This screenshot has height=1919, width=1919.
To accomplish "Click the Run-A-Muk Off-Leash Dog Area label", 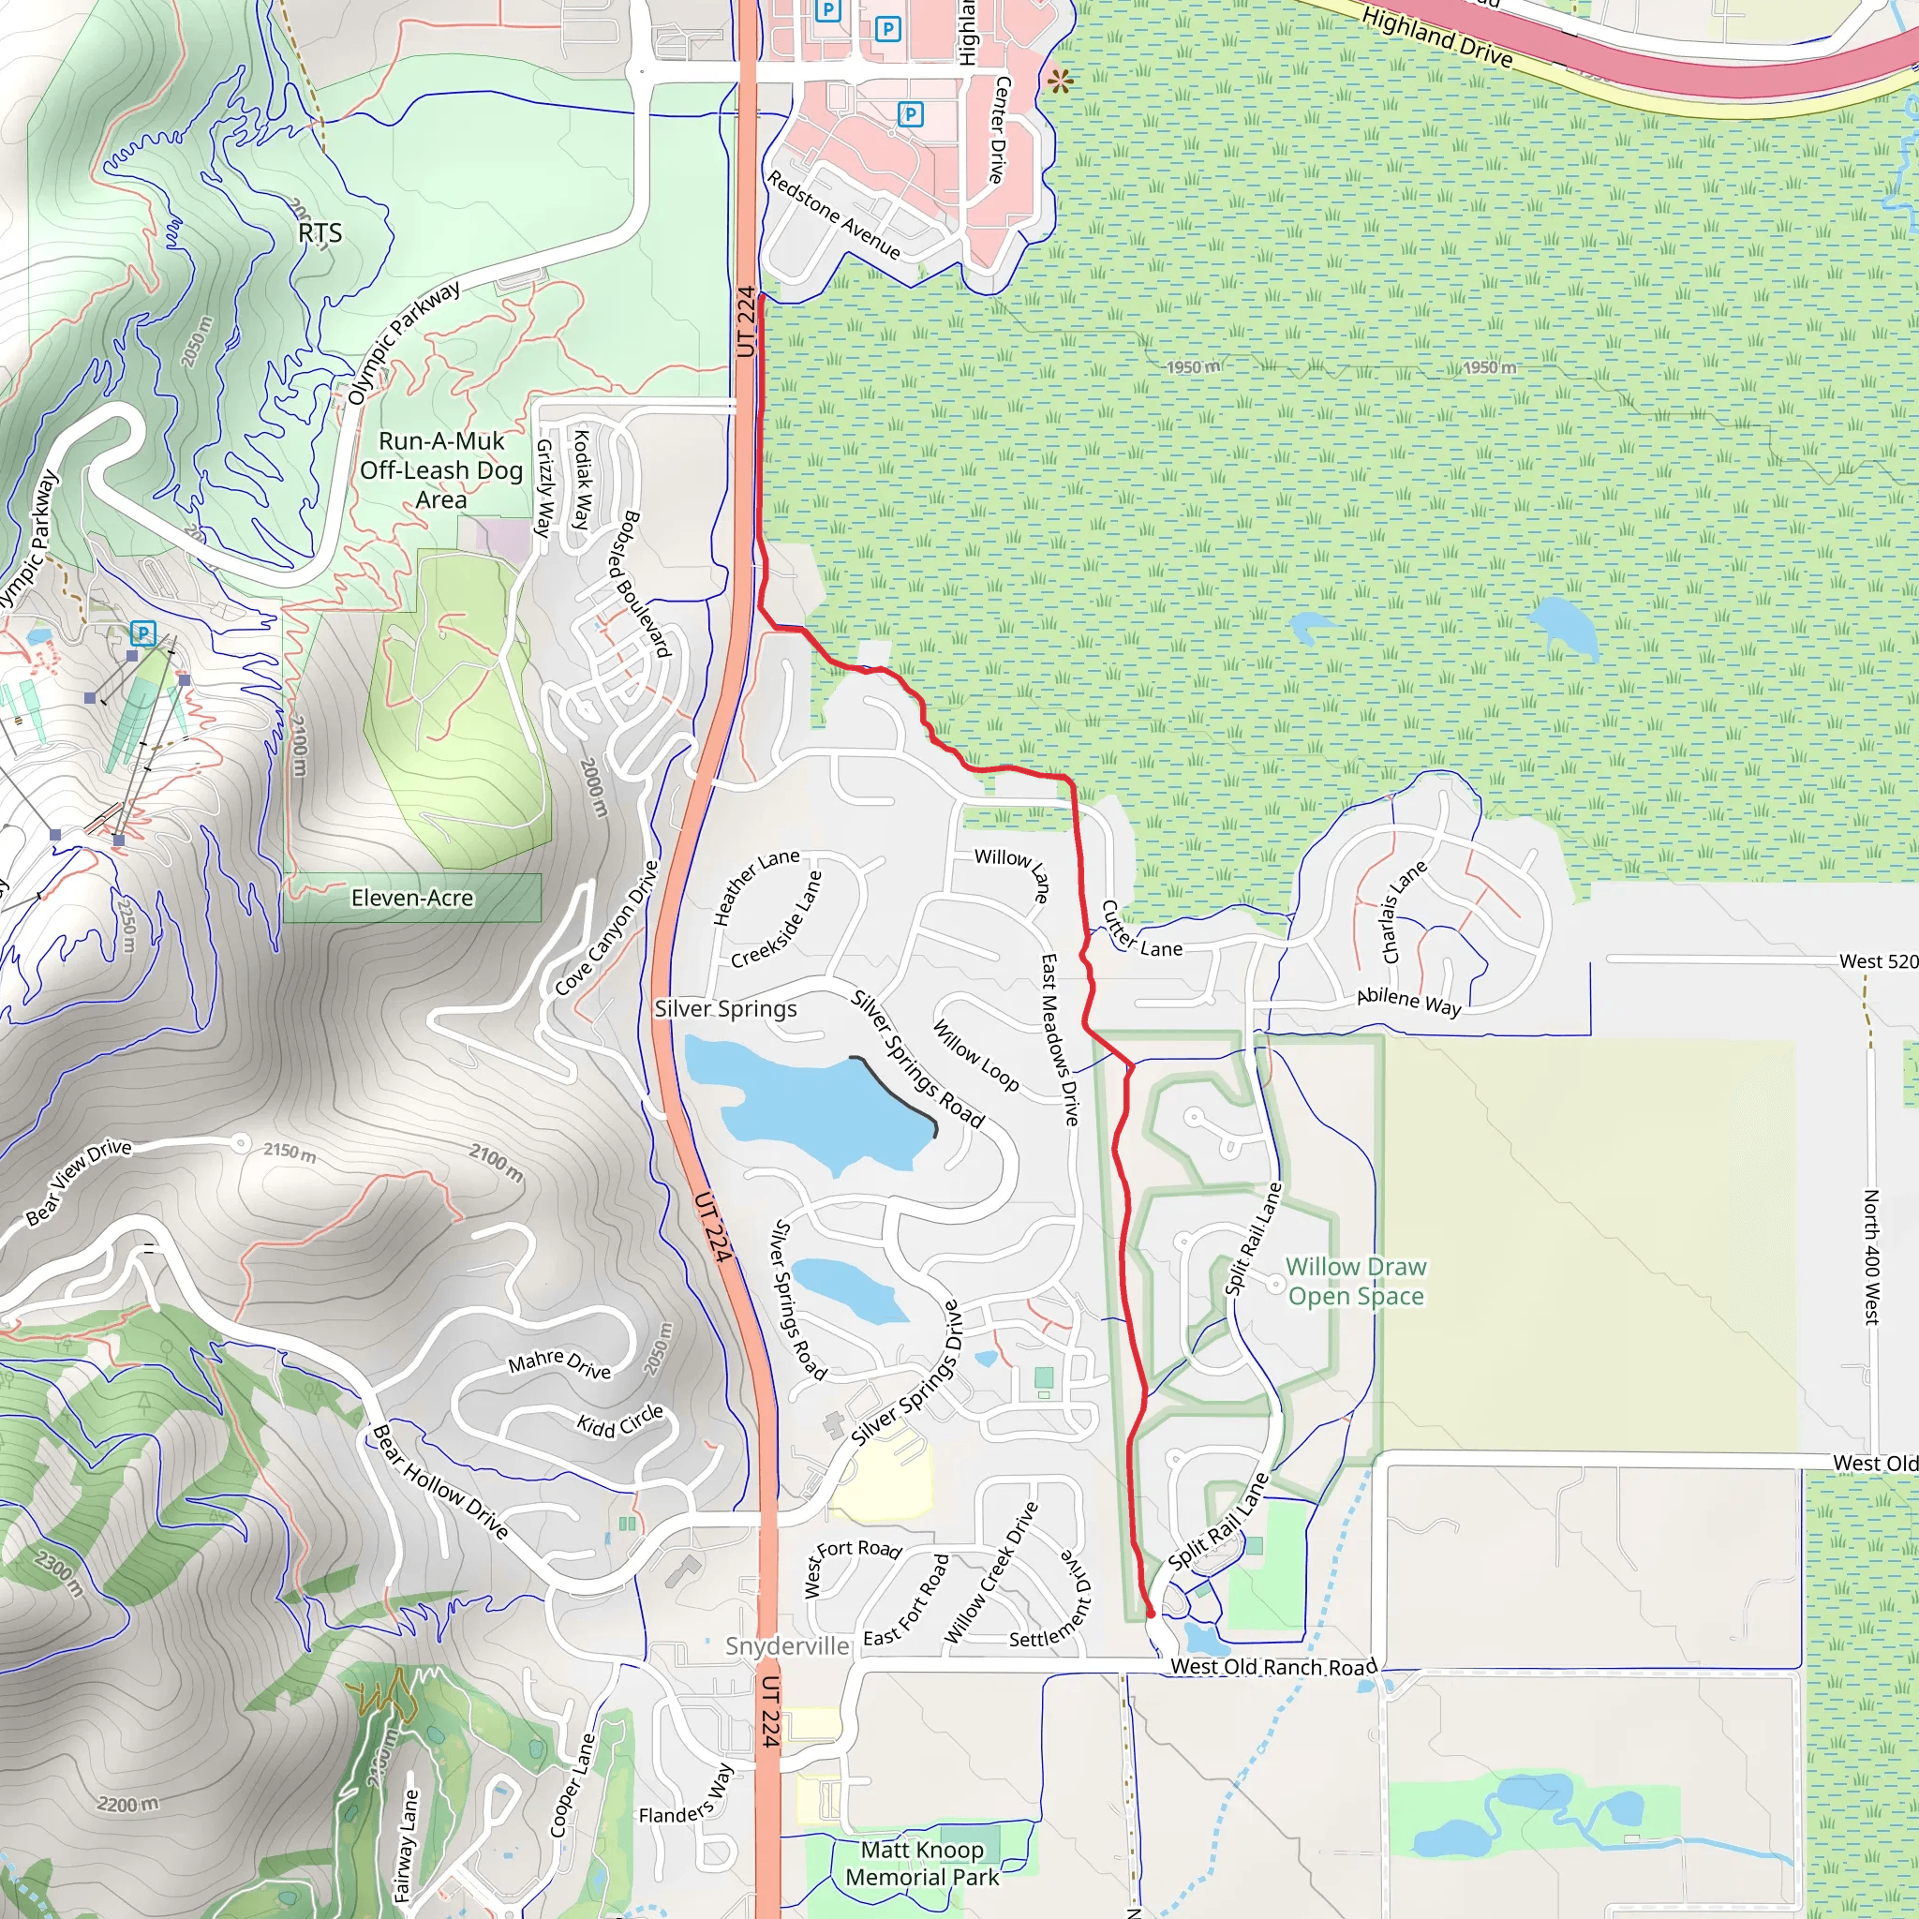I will tap(441, 469).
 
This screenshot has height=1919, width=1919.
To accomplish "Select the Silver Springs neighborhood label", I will tap(725, 1008).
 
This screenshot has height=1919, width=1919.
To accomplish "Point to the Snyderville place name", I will tap(787, 1645).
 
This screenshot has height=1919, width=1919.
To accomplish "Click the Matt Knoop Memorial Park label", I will tap(922, 1863).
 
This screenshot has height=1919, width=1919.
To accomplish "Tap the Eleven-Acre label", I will tap(412, 898).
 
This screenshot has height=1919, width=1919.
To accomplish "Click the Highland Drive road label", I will tap(1436, 37).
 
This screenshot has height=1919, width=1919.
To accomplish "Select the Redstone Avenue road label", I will tap(833, 215).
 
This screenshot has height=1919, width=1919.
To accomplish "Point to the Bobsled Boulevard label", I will tap(646, 584).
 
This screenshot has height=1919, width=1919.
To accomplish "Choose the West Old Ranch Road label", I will tap(1273, 1667).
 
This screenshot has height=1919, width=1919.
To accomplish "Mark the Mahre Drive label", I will tap(559, 1364).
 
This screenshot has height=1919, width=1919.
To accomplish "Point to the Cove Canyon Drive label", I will tap(606, 928).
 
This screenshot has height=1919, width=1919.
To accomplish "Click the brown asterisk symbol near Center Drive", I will tap(1060, 82).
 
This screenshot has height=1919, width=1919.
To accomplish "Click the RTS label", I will tap(320, 233).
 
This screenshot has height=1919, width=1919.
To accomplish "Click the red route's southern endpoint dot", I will tap(1151, 1614).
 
